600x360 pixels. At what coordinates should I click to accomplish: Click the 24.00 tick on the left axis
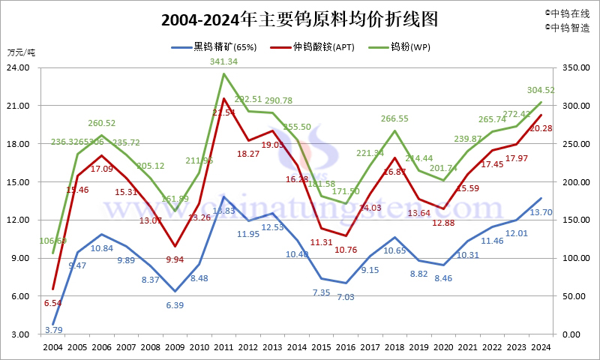[18, 67]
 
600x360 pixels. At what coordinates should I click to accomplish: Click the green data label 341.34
[223, 61]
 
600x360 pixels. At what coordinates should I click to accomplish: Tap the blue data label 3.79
[53, 329]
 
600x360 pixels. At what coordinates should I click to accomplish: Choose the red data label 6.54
[53, 303]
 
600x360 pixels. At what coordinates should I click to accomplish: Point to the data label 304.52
[539, 90]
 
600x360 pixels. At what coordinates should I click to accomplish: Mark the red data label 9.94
[174, 259]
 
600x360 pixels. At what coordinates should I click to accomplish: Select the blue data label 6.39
[174, 305]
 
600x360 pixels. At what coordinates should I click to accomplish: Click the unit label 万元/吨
[21, 52]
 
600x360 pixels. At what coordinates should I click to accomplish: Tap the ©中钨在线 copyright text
[567, 13]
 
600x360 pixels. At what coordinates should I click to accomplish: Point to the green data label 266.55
[394, 118]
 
